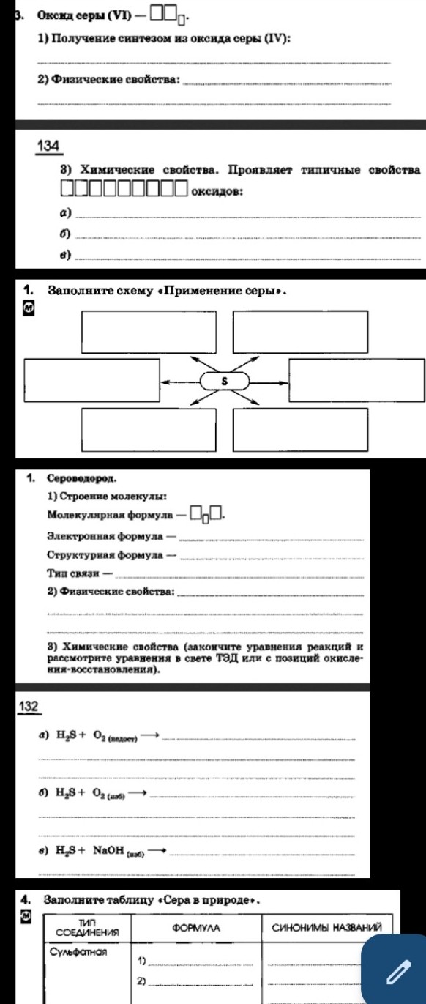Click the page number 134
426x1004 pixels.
[x=49, y=146]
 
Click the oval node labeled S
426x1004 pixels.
[x=225, y=381]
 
